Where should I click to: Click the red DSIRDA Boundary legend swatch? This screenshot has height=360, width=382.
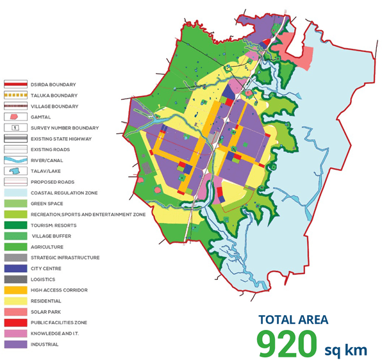click(x=16, y=84)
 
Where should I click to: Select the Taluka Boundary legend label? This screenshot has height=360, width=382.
click(x=53, y=95)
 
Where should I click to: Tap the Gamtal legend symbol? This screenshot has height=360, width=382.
click(x=16, y=117)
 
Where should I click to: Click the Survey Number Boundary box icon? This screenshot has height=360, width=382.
click(x=16, y=127)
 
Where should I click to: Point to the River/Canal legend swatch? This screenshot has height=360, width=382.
click(x=16, y=160)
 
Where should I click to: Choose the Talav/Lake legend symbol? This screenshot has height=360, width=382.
click(x=16, y=171)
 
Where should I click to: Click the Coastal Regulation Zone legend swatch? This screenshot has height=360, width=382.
click(x=16, y=192)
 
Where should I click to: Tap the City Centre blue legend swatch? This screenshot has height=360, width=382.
click(x=16, y=268)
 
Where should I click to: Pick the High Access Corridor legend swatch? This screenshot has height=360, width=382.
click(x=16, y=290)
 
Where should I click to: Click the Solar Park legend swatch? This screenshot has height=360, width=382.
click(x=16, y=311)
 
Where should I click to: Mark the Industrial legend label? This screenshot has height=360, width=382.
click(x=44, y=345)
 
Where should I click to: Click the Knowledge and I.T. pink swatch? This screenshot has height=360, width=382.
click(x=16, y=333)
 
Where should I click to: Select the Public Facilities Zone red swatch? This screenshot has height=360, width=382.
click(x=16, y=322)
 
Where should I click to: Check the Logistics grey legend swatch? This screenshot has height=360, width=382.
click(x=16, y=279)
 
